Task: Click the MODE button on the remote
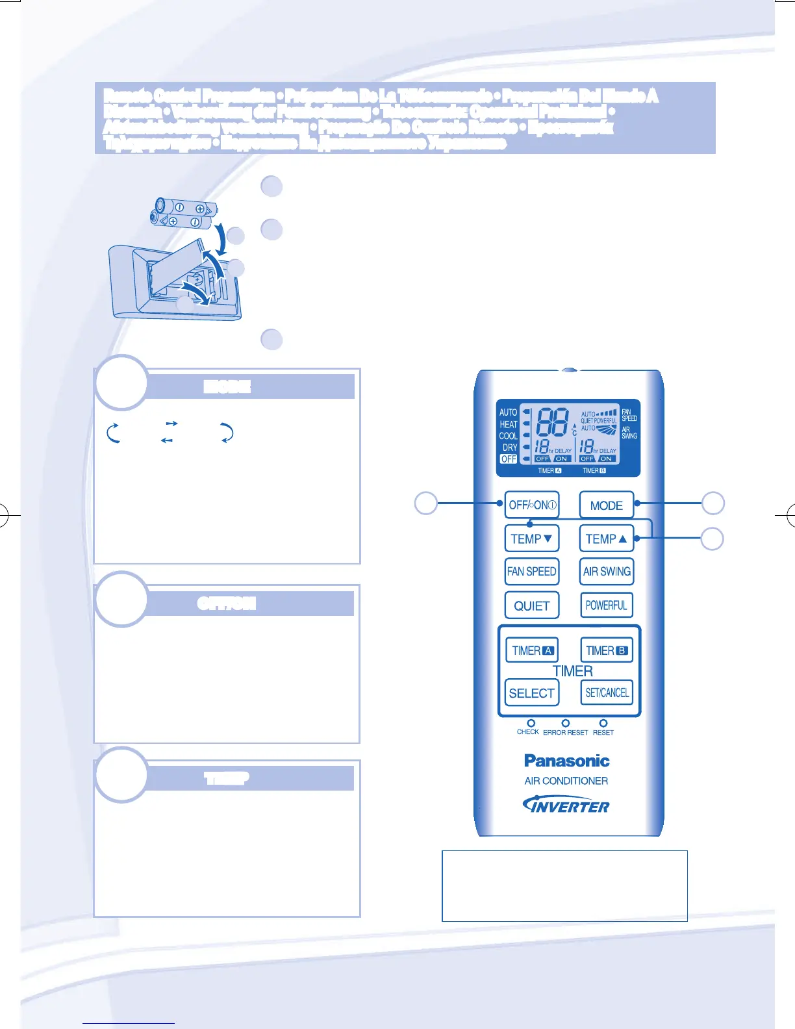tap(606, 505)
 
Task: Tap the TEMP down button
tap(531, 539)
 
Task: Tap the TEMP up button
tap(606, 539)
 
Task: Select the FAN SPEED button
tap(531, 572)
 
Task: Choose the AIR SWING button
tap(606, 572)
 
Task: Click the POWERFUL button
tap(606, 605)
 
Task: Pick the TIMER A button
tap(532, 650)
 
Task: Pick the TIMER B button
tap(606, 650)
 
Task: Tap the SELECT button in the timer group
tap(531, 693)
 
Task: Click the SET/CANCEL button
tap(607, 692)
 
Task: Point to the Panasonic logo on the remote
tap(566, 761)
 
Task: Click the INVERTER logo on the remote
tap(566, 806)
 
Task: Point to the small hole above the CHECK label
tap(531, 722)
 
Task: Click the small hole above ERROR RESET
tap(566, 722)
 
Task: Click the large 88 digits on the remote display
tap(552, 422)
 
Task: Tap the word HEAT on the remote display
tap(509, 424)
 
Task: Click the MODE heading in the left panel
tap(227, 387)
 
